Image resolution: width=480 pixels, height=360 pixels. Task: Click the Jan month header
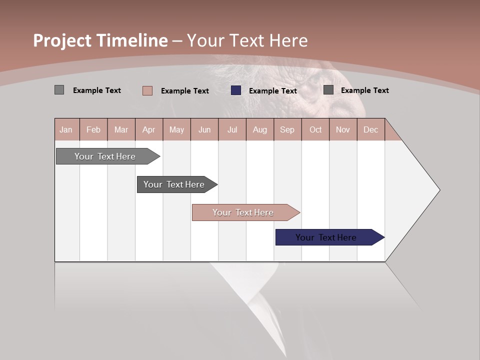coord(66,130)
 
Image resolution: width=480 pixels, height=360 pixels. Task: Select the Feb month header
coord(93,130)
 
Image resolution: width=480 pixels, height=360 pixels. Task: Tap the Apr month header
coord(148,130)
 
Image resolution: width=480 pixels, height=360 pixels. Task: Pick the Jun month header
coord(204,130)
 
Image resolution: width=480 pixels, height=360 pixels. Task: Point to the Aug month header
coord(259,130)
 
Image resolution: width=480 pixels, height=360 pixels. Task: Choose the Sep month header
coord(287,130)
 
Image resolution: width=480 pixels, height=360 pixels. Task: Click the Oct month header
coord(315,130)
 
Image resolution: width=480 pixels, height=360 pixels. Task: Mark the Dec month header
coord(370,130)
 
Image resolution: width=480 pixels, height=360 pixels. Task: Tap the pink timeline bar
coord(244,212)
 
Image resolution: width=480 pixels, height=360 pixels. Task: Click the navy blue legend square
coord(236,90)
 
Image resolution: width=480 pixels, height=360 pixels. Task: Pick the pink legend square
coord(147,90)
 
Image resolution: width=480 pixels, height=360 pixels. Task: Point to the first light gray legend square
coord(59,90)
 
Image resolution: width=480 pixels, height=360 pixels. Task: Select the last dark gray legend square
coord(328,90)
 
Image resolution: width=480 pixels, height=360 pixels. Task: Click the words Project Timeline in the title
coord(100,40)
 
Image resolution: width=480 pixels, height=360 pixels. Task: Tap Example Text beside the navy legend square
coord(272,91)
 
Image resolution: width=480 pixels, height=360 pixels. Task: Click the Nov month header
coord(342,130)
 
